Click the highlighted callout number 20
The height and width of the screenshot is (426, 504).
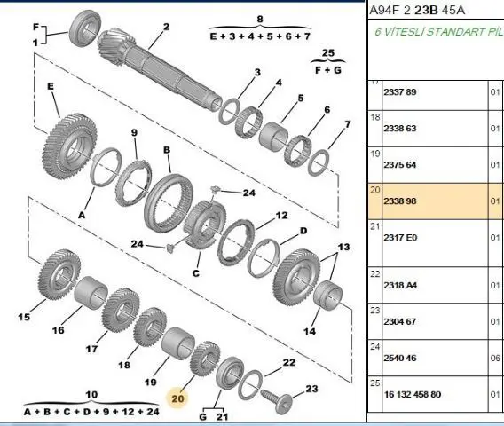tap(177, 398)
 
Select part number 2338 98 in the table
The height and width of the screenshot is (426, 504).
tap(400, 201)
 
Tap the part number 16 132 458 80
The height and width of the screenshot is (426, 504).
tap(413, 394)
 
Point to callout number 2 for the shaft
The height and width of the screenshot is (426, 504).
tap(166, 27)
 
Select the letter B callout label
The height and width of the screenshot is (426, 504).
tap(167, 150)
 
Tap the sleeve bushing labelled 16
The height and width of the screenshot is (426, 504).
tap(91, 291)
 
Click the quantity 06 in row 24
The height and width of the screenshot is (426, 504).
tap(495, 358)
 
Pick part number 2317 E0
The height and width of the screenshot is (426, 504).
tap(400, 238)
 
